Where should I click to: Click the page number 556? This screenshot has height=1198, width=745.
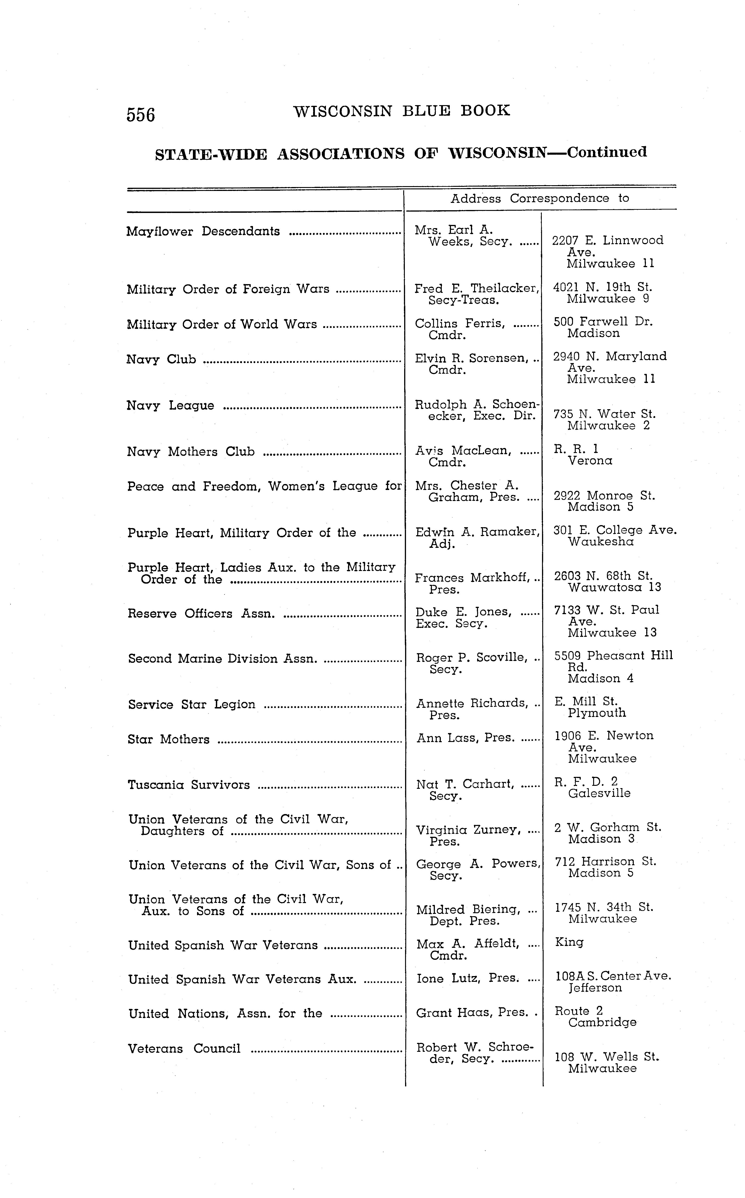[x=141, y=114]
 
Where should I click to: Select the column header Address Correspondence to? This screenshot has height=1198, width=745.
[x=539, y=198]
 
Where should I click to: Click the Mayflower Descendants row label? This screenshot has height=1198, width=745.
[x=203, y=231]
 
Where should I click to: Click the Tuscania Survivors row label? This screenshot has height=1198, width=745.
[x=189, y=785]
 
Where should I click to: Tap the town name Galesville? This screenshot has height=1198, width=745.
[x=599, y=793]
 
